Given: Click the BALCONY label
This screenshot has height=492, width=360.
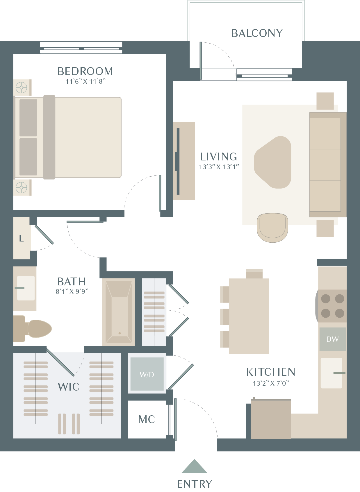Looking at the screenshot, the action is click(x=257, y=33).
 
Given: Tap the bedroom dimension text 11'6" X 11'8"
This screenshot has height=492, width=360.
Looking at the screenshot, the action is click(x=85, y=81).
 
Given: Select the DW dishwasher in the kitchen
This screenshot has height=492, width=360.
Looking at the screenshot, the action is click(x=332, y=339).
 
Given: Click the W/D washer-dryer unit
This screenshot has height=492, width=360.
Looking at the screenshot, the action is click(x=147, y=374).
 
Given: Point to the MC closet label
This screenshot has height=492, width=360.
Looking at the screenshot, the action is click(x=147, y=419).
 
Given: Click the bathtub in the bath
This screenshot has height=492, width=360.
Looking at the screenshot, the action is click(x=119, y=312).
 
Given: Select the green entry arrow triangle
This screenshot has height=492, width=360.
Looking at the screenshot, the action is click(x=194, y=466).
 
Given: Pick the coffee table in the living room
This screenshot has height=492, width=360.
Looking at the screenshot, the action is click(x=273, y=162).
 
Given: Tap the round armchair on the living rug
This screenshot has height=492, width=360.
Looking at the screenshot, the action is click(x=272, y=228).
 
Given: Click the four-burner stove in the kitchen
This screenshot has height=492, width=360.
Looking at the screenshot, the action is click(x=332, y=306).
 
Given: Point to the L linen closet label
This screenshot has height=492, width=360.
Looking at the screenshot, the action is click(x=21, y=238).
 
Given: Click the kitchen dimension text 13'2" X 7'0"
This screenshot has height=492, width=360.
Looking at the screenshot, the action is click(x=271, y=383).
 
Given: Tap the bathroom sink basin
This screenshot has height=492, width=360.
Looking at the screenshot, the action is click(x=26, y=288).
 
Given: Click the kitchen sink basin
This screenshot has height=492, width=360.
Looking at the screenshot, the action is click(x=332, y=373).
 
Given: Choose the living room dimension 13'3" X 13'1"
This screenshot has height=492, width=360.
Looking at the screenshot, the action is click(x=219, y=167).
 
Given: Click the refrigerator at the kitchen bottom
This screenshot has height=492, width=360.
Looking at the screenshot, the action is click(x=271, y=419).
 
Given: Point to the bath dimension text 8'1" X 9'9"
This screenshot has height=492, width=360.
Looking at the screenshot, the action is click(x=72, y=291).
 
